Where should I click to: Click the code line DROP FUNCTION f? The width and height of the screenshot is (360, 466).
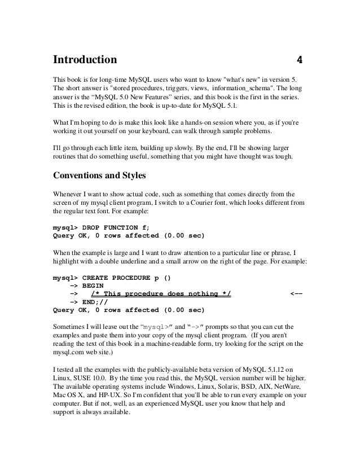tap(117, 226)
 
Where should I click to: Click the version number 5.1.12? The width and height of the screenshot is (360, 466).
tap(265, 369)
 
